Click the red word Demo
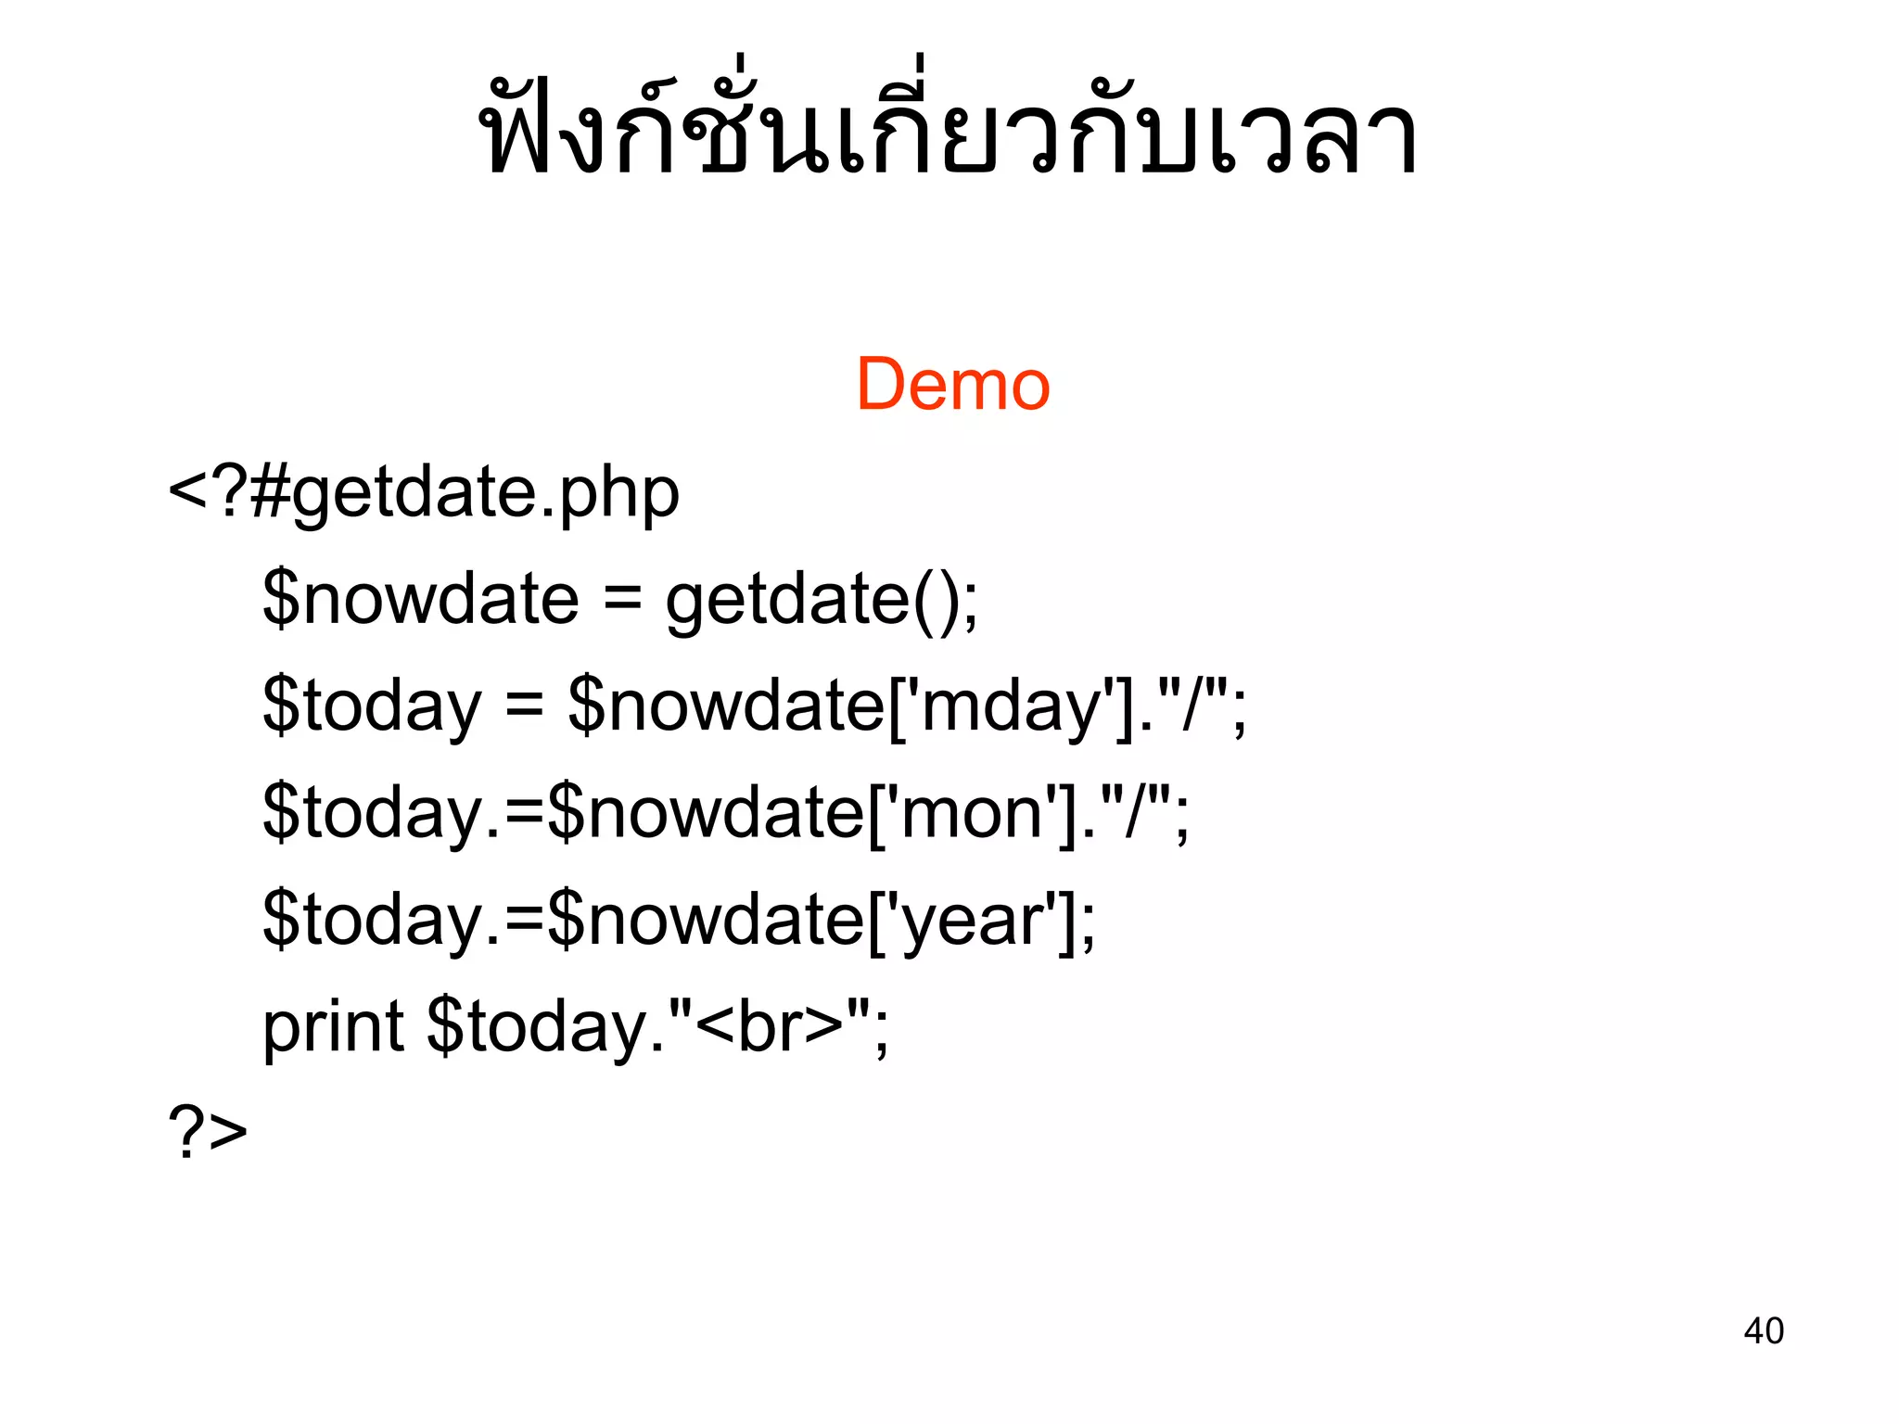(x=952, y=385)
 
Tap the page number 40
(x=1763, y=1330)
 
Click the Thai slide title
(x=949, y=125)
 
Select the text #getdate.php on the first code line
(x=465, y=493)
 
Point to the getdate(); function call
(x=821, y=600)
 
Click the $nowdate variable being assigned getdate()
(x=421, y=600)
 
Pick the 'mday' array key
(x=1013, y=706)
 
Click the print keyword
(x=333, y=1027)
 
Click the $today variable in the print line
(x=537, y=1027)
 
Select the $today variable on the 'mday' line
(x=372, y=706)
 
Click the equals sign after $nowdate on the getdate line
(x=622, y=600)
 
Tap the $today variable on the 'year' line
(x=372, y=920)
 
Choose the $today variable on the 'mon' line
(x=372, y=813)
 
